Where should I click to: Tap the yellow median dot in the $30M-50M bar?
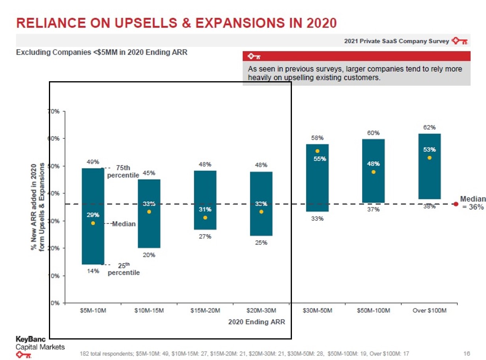(317, 151)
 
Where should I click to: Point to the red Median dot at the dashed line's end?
(456, 204)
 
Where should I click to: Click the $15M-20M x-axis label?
(205, 311)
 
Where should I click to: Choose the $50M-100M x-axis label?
(373, 311)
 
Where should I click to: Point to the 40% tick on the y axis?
(54, 193)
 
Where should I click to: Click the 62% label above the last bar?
(429, 127)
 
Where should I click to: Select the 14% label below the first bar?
(93, 271)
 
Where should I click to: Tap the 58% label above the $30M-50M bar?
(317, 138)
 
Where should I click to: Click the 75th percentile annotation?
(123, 171)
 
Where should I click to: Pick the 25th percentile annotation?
(123, 269)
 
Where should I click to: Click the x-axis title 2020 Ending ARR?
(256, 322)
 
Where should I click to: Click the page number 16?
(467, 353)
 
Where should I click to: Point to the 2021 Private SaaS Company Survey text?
(396, 41)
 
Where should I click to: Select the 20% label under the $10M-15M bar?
(149, 255)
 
